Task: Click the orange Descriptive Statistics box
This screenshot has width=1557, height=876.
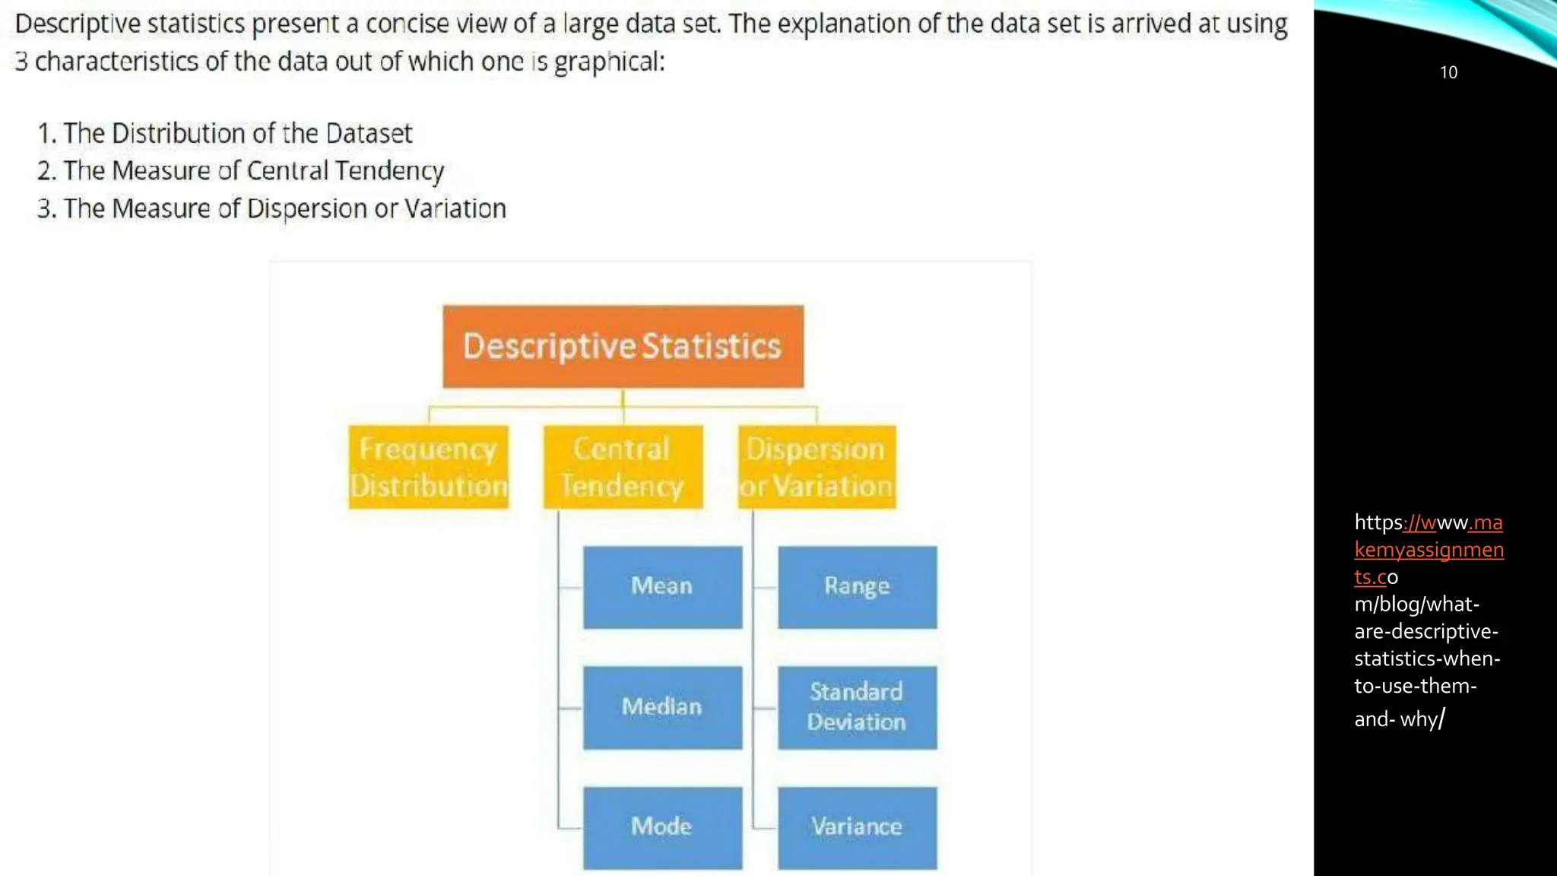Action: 623,347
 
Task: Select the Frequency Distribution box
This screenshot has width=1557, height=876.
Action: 429,467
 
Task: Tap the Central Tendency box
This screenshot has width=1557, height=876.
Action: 623,467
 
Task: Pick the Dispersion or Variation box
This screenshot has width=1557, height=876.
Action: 817,467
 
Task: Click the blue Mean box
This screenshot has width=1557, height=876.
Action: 662,586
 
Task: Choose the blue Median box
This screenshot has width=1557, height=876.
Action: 662,707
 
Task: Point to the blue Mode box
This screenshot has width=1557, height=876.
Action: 662,827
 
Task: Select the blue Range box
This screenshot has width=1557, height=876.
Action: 857,586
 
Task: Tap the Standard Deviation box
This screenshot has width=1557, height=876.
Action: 857,707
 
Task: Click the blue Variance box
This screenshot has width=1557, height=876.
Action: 857,827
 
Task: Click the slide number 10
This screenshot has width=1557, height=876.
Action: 1448,72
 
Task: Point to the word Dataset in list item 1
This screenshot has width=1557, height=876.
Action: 369,134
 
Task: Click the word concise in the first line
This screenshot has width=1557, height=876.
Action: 407,24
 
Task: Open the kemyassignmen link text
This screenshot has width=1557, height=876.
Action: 1429,550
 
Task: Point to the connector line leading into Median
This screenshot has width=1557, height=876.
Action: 570,708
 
